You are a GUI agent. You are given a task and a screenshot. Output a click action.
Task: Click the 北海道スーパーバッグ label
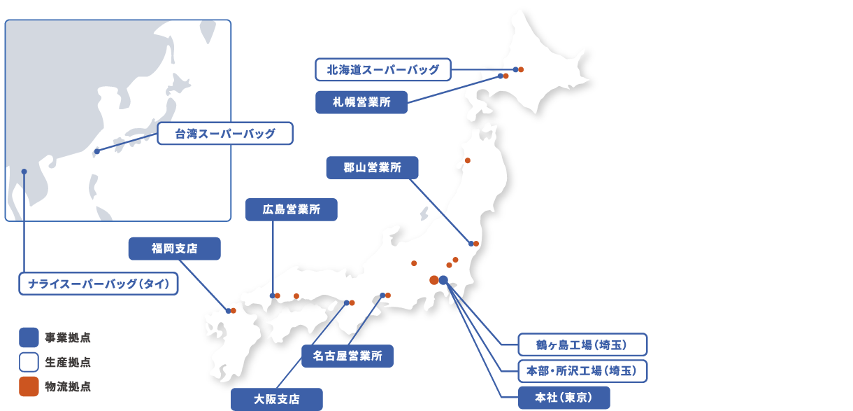coord(383,69)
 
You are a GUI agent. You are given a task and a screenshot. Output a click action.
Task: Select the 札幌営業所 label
coord(361,102)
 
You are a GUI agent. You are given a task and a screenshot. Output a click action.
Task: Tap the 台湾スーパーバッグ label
coord(224,134)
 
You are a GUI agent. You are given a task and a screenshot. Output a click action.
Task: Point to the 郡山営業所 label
coord(372,168)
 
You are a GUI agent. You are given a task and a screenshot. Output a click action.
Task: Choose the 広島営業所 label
coord(292,209)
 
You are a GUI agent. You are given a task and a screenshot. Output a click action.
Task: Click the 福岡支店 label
coord(174,249)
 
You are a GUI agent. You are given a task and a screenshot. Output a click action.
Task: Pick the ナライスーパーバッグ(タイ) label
coord(98,284)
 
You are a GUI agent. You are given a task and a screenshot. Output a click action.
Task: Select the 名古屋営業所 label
coord(347,356)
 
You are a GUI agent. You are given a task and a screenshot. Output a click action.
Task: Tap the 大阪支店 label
coord(277,399)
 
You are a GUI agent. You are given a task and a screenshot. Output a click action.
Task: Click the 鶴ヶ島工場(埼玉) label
coord(582,344)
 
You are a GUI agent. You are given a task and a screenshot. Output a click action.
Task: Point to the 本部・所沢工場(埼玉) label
coord(582,370)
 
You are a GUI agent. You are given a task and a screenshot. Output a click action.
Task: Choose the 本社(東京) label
coord(564,398)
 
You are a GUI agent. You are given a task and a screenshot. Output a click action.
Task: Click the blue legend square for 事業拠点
coord(29,338)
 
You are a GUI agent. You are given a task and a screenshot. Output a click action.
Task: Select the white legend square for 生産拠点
coord(29,363)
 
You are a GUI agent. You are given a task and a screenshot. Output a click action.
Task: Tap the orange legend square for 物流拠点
coord(29,386)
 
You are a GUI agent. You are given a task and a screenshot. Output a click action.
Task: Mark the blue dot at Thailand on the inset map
coord(24,172)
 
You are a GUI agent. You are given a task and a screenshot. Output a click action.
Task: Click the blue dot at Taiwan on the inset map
coord(96,151)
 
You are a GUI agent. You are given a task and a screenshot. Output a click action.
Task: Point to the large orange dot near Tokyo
coord(434,280)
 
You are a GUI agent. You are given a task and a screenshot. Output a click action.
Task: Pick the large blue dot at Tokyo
coord(443,280)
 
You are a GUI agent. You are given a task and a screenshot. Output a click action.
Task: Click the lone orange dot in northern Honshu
coord(468,160)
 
